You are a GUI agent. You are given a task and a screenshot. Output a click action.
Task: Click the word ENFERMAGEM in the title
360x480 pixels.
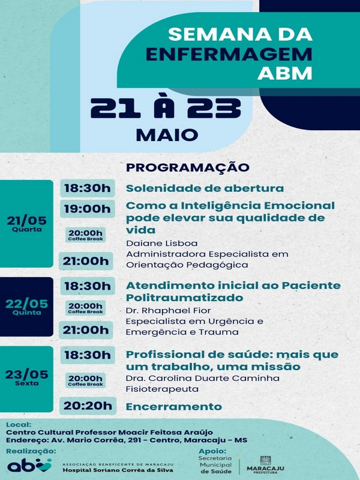tap(229, 54)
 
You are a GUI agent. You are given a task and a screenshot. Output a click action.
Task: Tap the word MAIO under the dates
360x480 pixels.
tap(167, 135)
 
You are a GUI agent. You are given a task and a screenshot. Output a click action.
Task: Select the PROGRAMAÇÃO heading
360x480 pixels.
tap(188, 167)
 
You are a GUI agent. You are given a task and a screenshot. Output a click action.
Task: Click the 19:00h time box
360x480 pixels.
tap(87, 209)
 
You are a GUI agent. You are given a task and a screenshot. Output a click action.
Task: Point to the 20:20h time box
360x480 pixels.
tap(88, 406)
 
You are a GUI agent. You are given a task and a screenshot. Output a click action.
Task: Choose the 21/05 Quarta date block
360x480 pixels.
tap(26, 224)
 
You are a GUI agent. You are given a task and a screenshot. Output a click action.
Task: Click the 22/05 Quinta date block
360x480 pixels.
tap(26, 307)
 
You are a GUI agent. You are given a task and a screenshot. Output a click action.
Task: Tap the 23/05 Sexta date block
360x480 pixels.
tap(26, 379)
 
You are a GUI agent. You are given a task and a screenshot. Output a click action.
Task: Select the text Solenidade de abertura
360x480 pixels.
tap(205, 188)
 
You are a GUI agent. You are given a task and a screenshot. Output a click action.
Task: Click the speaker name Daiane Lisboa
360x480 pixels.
tap(161, 244)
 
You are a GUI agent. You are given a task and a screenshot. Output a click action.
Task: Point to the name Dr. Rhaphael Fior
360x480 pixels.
tap(169, 311)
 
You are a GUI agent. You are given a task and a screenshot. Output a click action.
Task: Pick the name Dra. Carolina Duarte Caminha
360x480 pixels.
tap(203, 379)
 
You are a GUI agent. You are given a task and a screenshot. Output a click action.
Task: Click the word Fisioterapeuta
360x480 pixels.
tap(162, 389)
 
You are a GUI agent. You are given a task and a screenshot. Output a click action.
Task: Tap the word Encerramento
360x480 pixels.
tap(174, 407)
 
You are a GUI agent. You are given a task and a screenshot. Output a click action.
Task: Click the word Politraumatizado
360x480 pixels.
tap(185, 298)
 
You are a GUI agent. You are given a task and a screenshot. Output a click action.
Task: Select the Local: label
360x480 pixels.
tap(19, 425)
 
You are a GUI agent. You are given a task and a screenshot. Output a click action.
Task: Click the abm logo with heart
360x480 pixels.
tap(29, 465)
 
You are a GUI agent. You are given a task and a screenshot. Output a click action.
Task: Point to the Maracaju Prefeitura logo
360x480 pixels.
tap(265, 465)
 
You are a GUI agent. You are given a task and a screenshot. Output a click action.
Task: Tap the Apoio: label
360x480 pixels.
tap(212, 451)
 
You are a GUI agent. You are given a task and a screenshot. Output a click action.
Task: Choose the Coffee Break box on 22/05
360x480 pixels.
tap(85, 308)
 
